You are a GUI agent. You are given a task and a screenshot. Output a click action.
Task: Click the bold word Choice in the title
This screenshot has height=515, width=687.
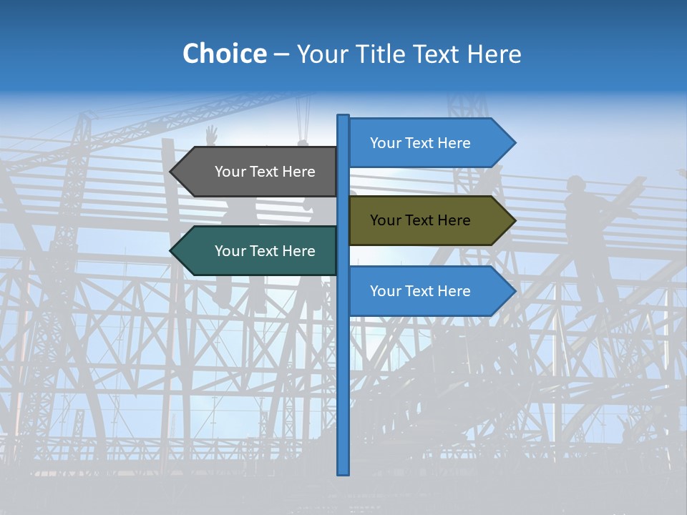(x=224, y=54)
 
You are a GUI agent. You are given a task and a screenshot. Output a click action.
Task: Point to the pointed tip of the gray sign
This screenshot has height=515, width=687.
(x=172, y=172)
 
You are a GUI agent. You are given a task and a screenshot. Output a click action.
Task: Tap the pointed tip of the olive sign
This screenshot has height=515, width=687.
(x=514, y=220)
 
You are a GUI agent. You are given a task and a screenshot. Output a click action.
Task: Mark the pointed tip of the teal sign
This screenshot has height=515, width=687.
(x=172, y=251)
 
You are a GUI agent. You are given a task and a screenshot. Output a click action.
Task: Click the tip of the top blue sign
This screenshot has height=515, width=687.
(x=514, y=143)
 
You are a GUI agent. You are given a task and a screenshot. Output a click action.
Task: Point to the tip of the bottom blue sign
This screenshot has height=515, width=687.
(x=514, y=291)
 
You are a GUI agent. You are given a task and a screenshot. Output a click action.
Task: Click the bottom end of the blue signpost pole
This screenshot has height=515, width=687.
(x=343, y=472)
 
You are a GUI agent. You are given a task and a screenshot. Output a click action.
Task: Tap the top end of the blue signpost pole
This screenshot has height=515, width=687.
(x=343, y=117)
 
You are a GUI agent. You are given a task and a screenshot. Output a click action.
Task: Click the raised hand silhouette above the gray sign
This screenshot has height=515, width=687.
(x=211, y=134)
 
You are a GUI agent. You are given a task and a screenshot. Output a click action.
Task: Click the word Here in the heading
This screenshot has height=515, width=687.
(x=494, y=54)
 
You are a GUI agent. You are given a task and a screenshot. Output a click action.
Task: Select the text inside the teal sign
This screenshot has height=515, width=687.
(x=265, y=251)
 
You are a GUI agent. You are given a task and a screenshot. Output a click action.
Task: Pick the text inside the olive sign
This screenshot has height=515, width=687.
(x=420, y=220)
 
